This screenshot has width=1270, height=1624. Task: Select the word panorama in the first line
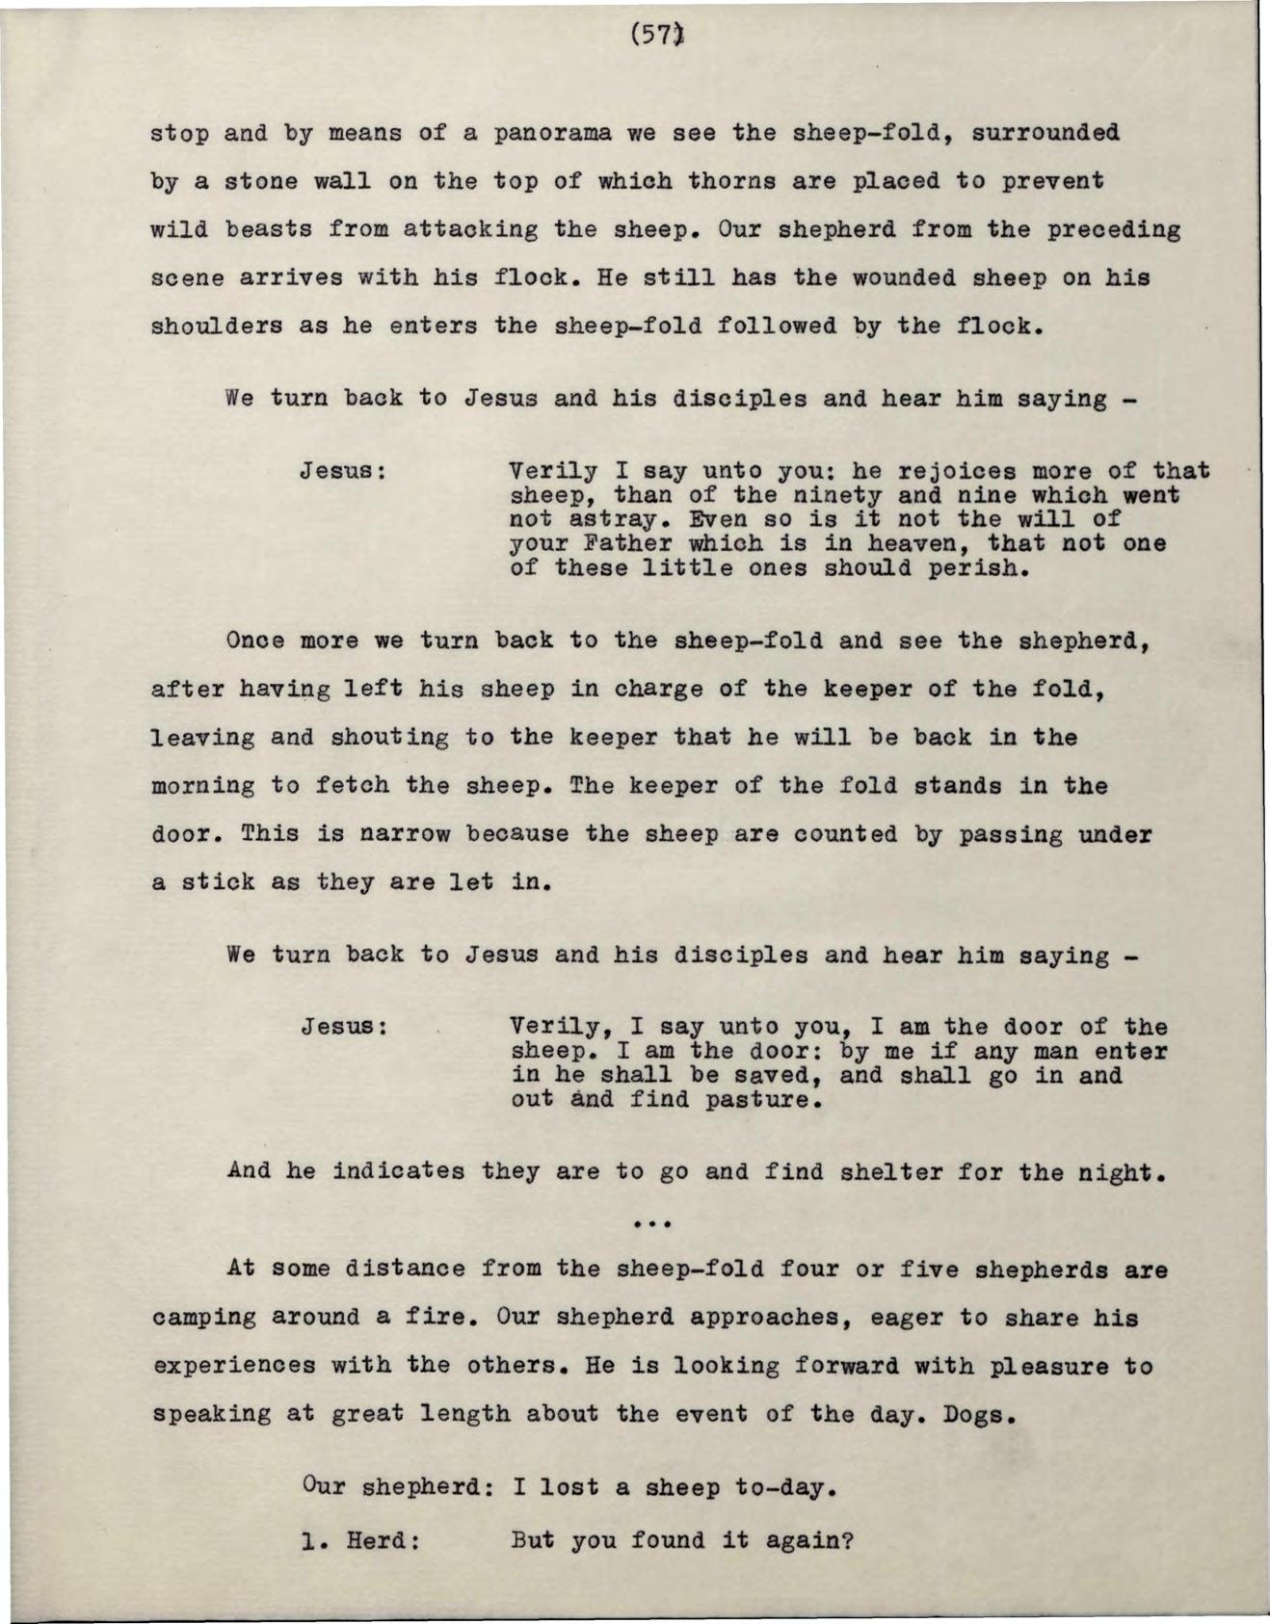point(552,132)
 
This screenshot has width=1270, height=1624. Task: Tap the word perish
point(973,568)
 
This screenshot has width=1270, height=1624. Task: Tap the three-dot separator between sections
point(652,1224)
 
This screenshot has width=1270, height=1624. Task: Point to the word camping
point(202,1318)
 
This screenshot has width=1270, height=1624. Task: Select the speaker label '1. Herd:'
point(360,1541)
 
